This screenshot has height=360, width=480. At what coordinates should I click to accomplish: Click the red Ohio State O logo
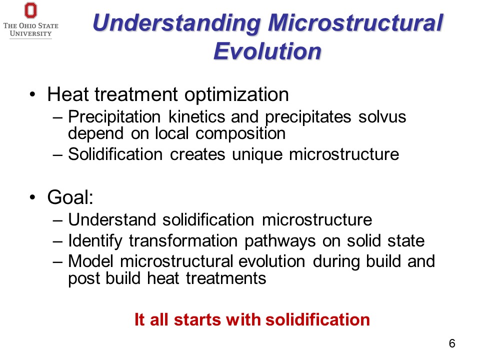pyautogui.click(x=30, y=10)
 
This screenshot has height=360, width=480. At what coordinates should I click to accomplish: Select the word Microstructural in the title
pyautogui.click(x=355, y=22)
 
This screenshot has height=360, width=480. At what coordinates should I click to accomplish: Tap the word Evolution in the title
pyautogui.click(x=267, y=51)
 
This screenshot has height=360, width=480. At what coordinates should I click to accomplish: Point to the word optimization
pyautogui.click(x=236, y=94)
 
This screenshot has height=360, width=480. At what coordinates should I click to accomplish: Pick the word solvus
pyautogui.click(x=382, y=117)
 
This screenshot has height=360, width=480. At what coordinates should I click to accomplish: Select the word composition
pyautogui.click(x=240, y=134)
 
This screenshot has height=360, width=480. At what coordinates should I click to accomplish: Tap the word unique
pyautogui.click(x=257, y=154)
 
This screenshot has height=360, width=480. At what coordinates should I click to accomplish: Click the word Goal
pyautogui.click(x=70, y=197)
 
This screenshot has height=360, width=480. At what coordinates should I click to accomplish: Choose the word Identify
pyautogui.click(x=95, y=241)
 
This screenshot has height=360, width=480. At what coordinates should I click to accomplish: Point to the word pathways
pyautogui.click(x=280, y=241)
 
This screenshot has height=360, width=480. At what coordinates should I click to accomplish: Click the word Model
pyautogui.click(x=90, y=261)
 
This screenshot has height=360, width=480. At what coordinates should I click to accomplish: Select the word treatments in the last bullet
pyautogui.click(x=226, y=278)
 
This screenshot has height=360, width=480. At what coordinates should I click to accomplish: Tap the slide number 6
pyautogui.click(x=452, y=343)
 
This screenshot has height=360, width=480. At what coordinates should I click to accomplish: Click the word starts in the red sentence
pyautogui.click(x=197, y=319)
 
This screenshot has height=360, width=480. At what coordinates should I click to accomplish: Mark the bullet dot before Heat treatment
pyautogui.click(x=33, y=94)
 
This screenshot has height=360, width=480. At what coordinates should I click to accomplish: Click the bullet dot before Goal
pyautogui.click(x=33, y=197)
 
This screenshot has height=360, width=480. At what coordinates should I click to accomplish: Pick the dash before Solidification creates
pyautogui.click(x=57, y=155)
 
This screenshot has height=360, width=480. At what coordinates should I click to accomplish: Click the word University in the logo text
pyautogui.click(x=30, y=33)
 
